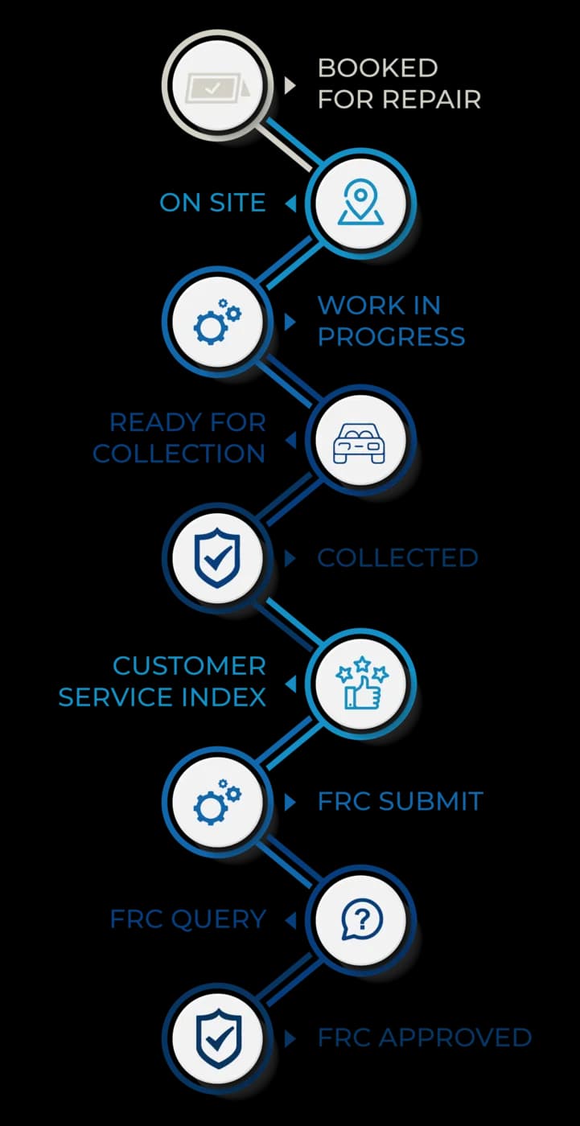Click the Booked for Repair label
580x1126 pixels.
(x=399, y=84)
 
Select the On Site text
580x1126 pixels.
(x=212, y=203)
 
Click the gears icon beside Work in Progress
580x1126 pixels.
(x=217, y=322)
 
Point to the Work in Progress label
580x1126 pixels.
(x=392, y=321)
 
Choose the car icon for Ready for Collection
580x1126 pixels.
(x=359, y=443)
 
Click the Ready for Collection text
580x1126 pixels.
(x=179, y=438)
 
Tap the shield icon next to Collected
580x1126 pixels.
(x=217, y=557)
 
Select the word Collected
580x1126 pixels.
(x=397, y=558)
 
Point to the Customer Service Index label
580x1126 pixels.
(x=162, y=682)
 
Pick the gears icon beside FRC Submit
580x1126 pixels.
(x=217, y=801)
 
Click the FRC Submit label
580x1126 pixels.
(x=401, y=801)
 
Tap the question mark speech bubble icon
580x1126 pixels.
(x=362, y=918)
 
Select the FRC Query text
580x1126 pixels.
(x=188, y=919)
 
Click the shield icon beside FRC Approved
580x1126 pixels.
(x=218, y=1039)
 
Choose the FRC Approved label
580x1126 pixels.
(x=425, y=1038)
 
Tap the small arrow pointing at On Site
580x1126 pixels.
(x=290, y=203)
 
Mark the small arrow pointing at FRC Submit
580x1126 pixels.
(x=290, y=803)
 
